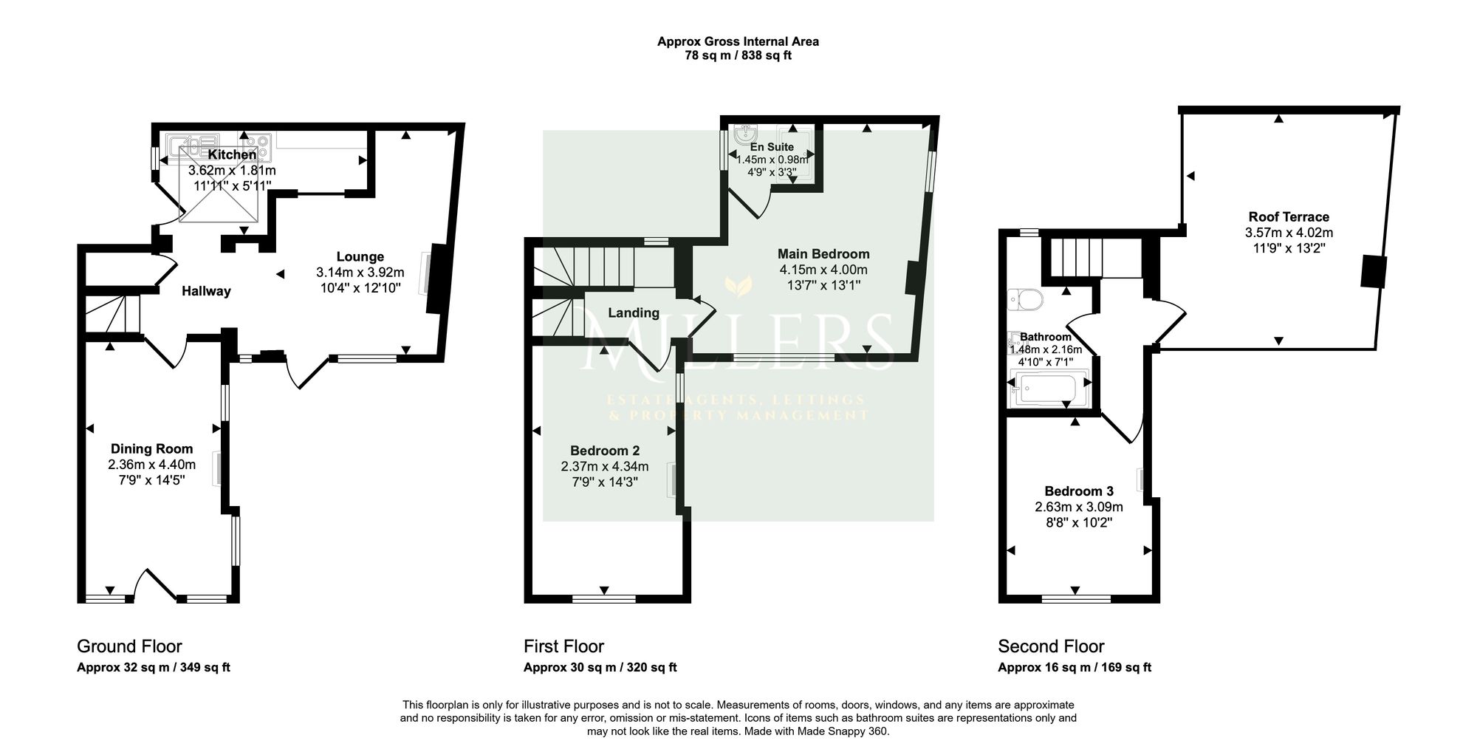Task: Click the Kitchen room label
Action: (x=232, y=154)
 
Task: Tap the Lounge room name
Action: (x=360, y=256)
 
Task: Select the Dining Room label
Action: (x=151, y=448)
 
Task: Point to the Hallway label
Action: (x=206, y=291)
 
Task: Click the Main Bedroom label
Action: (x=823, y=254)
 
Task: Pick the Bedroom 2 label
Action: (x=605, y=451)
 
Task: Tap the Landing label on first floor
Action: (x=634, y=313)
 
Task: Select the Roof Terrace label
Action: (x=1289, y=216)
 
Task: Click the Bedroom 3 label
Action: (x=1079, y=491)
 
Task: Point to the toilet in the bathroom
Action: (x=1025, y=299)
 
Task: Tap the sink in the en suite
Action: (x=746, y=134)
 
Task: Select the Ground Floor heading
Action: (x=129, y=646)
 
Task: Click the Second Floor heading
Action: (x=1051, y=646)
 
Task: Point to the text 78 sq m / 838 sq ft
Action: (x=738, y=55)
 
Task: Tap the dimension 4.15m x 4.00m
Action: (x=823, y=270)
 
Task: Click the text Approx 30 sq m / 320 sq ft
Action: (x=600, y=667)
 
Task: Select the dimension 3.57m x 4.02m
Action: (x=1289, y=233)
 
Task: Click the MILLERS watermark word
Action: (x=738, y=341)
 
